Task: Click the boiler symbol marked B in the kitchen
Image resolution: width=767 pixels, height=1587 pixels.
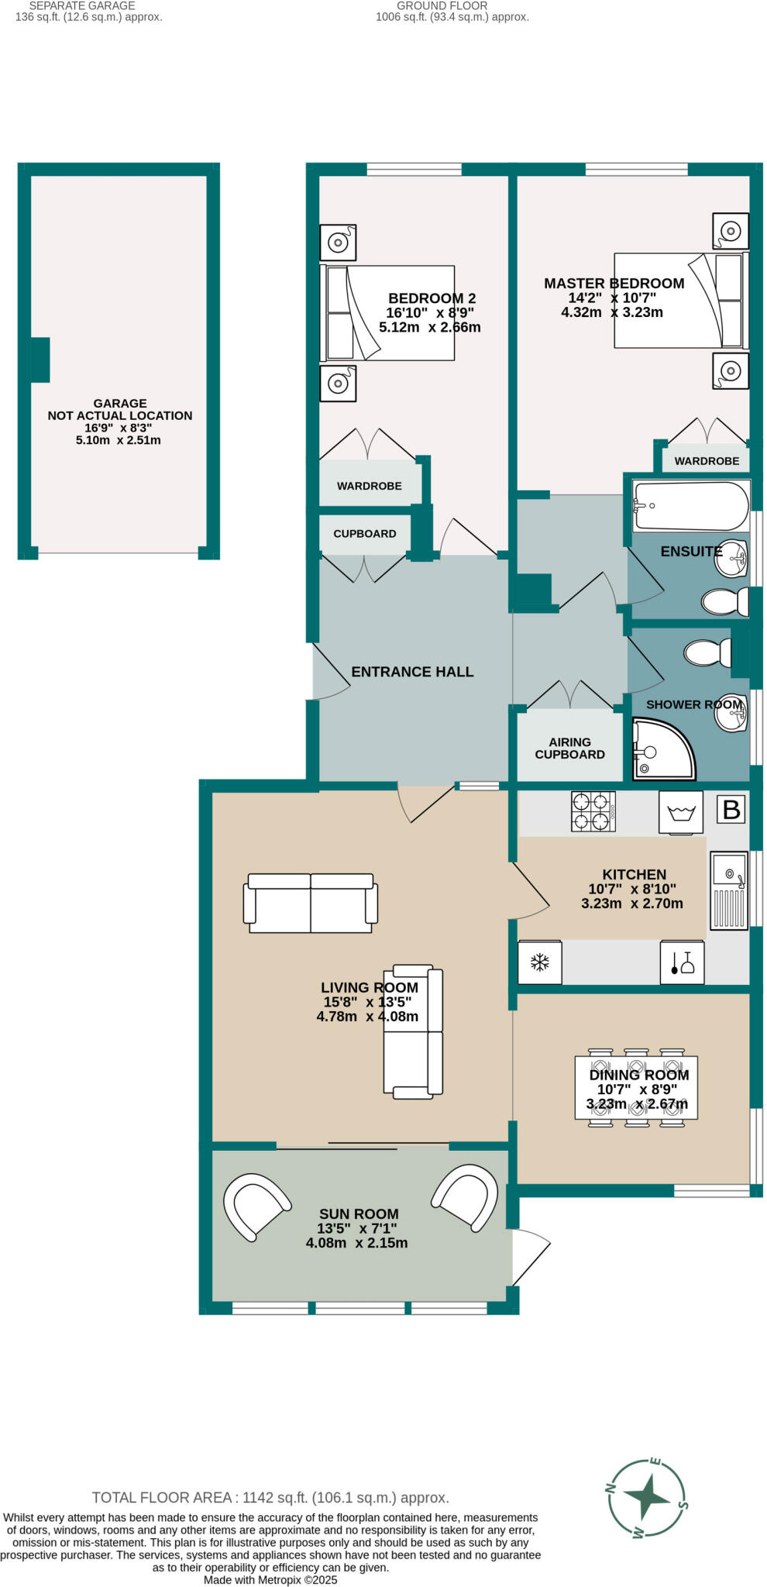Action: [731, 810]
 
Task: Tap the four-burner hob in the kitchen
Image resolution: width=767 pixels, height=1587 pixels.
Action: [593, 811]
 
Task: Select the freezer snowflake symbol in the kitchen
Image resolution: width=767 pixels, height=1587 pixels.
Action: [539, 962]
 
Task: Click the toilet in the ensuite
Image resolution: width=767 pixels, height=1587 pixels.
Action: [725, 601]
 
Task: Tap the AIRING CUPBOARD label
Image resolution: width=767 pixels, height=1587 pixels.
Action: [569, 748]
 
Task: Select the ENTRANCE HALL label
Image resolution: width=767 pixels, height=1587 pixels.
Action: [412, 672]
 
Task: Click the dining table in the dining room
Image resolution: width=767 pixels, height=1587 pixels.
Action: [636, 1086]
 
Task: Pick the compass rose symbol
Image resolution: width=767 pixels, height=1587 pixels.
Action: [647, 1498]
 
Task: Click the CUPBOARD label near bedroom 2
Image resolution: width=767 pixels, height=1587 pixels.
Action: [365, 534]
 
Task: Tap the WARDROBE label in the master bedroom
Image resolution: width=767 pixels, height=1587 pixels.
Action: [707, 461]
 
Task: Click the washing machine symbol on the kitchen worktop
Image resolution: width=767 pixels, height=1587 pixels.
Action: [680, 812]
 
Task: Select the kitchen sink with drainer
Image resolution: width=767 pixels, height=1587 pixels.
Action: [728, 890]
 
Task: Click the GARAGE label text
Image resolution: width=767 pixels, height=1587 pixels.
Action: [120, 403]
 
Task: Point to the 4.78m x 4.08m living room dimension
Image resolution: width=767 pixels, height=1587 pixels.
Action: [367, 1017]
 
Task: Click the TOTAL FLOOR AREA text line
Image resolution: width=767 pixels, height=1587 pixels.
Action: [270, 1498]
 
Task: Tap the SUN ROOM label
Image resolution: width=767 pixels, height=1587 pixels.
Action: [359, 1214]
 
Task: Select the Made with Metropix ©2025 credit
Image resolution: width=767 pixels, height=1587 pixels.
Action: [270, 1580]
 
